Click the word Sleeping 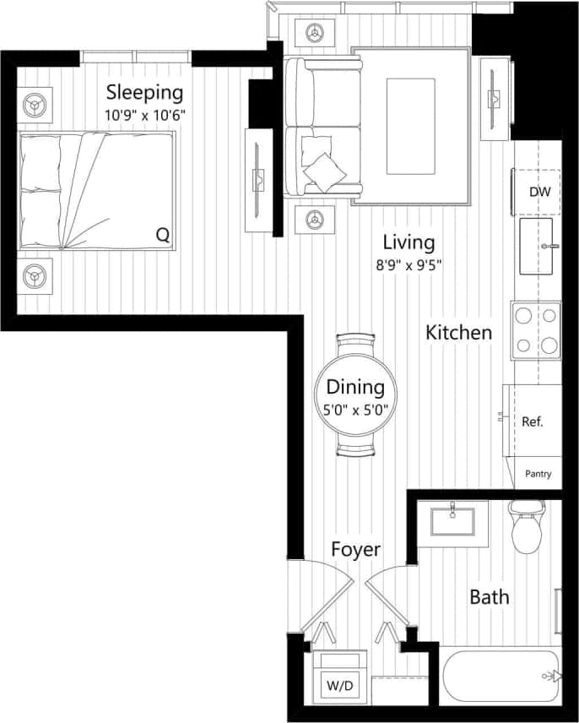point(144,91)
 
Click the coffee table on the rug point(410,126)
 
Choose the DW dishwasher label point(539,192)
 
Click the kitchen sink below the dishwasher point(539,247)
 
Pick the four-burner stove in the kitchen point(536,330)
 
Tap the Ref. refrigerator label point(532,421)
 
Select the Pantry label point(538,474)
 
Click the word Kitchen point(458,332)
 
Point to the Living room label point(409,242)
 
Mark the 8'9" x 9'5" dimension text point(409,264)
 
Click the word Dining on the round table point(355,388)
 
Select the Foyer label point(355,550)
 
